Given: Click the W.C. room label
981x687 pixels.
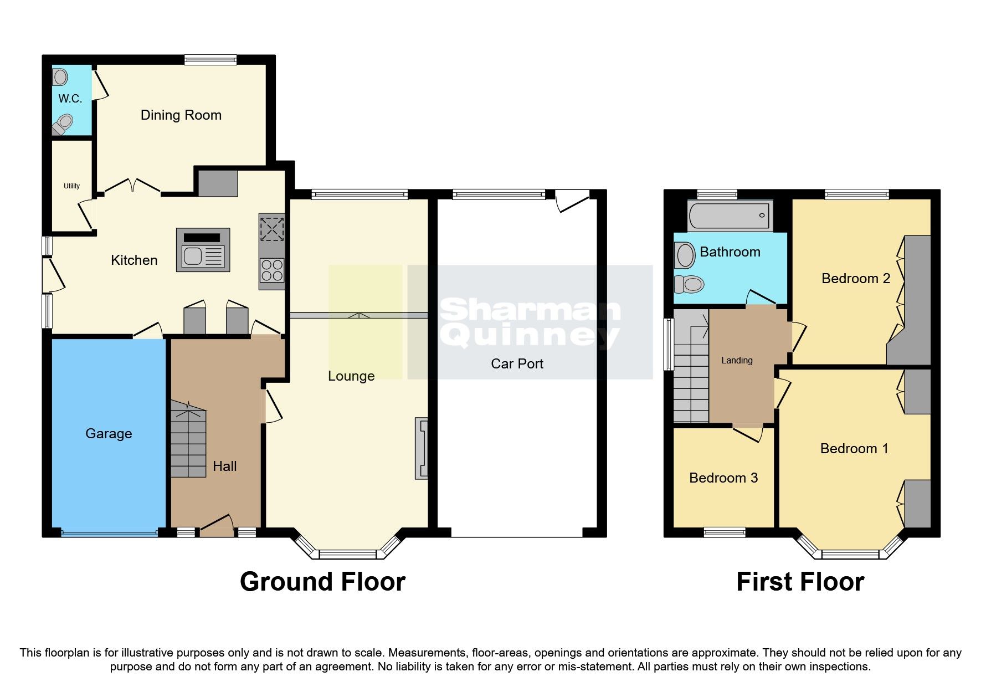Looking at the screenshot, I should pos(70,99).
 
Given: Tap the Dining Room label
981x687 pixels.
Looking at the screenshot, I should pos(181,115).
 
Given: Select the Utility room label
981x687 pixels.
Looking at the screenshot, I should pos(71,186).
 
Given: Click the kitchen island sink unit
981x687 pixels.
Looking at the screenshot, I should pos(203,250).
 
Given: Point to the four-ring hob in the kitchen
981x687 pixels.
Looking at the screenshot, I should pos(271,271).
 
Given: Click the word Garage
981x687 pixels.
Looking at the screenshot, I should pos(109,433).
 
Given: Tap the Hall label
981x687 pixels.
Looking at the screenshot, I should pos(224,466).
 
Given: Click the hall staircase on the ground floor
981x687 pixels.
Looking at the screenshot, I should pos(188,440).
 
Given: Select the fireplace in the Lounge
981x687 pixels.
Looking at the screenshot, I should pos(422,448).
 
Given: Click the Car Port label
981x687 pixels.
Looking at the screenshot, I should pos(517,363).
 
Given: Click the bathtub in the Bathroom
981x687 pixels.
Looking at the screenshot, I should pos(730,216).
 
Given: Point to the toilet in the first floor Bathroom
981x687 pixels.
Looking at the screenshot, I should pos(689,285).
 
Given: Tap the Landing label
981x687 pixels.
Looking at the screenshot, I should pos(737,360).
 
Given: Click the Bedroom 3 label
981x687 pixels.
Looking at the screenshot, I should pos(723,478).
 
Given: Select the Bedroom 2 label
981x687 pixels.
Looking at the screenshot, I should pos(855,278).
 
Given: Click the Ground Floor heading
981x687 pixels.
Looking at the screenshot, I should pos(322,582).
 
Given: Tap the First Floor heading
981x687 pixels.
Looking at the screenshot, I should pos(800,582).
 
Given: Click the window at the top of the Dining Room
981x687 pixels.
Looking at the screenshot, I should pos(210,60).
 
